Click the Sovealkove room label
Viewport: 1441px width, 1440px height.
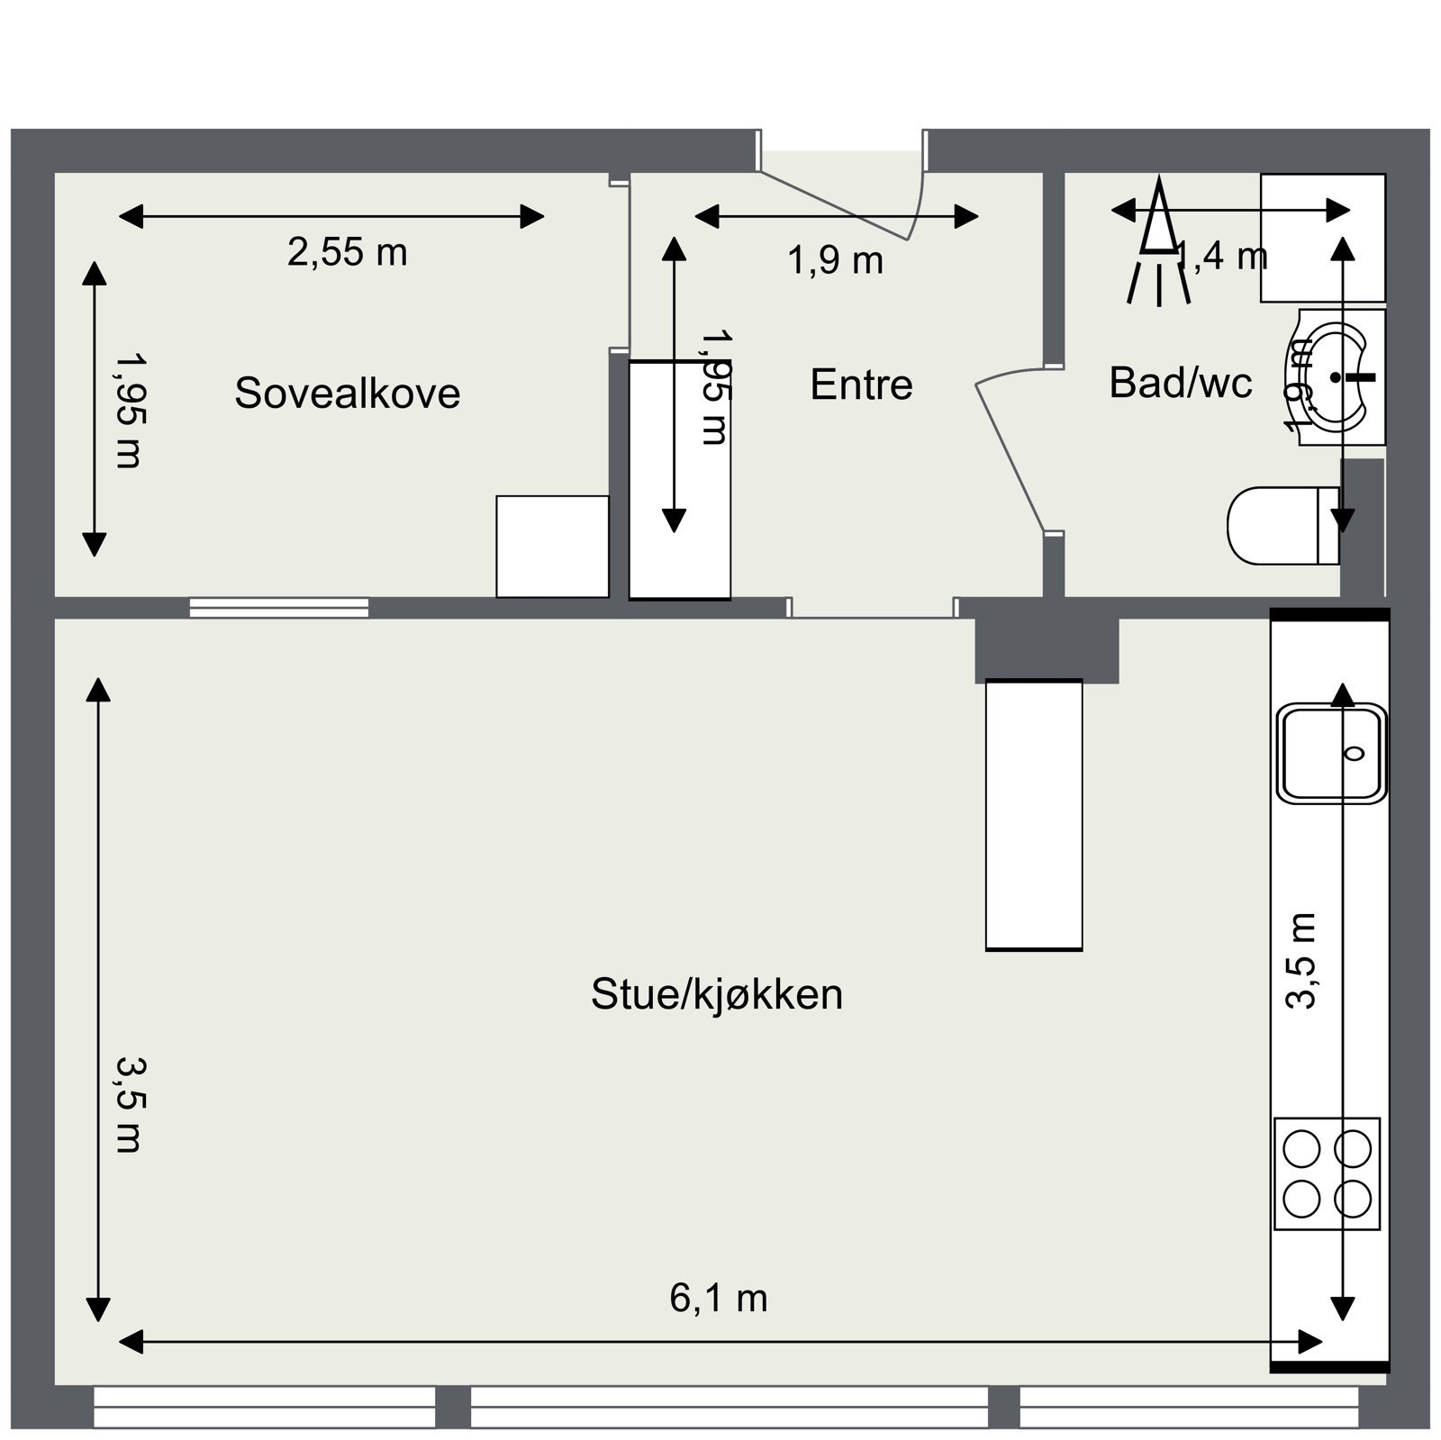(x=347, y=394)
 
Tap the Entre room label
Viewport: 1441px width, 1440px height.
(x=861, y=385)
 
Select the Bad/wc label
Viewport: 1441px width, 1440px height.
(x=1180, y=383)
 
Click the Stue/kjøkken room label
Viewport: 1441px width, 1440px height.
(x=717, y=995)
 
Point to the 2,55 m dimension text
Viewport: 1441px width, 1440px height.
(x=348, y=252)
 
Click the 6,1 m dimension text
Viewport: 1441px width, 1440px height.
(x=718, y=1299)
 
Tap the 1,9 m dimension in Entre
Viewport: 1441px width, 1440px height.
(x=835, y=261)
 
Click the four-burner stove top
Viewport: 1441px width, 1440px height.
(x=1327, y=1173)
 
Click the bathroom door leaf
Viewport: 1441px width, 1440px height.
(x=1009, y=455)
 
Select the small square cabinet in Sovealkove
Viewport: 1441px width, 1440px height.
(x=552, y=546)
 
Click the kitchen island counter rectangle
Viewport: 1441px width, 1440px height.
(x=1033, y=815)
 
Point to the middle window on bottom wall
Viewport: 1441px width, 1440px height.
(x=729, y=1407)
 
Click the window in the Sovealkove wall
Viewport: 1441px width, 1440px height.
(x=279, y=608)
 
